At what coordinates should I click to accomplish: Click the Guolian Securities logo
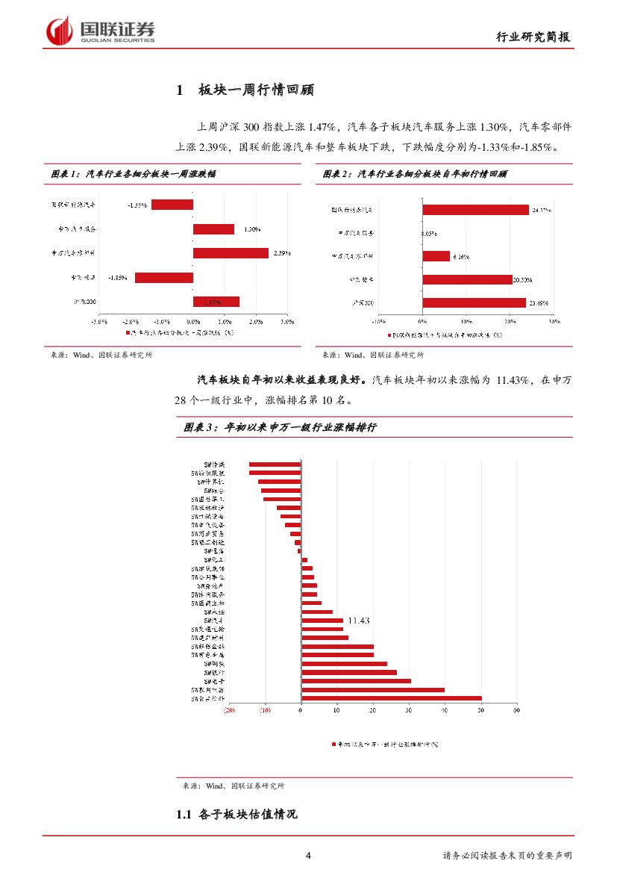pyautogui.click(x=101, y=31)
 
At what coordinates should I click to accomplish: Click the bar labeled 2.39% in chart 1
pyautogui.click(x=231, y=253)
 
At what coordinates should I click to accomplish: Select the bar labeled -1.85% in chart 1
pyautogui.click(x=164, y=278)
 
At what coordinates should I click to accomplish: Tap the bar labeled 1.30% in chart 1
pyautogui.click(x=213, y=229)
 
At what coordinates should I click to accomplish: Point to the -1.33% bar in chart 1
pyautogui.click(x=172, y=205)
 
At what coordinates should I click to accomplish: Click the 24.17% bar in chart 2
pyautogui.click(x=475, y=211)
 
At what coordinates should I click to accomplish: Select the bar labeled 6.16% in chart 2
pyautogui.click(x=436, y=256)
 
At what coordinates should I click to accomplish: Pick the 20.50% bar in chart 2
pyautogui.click(x=467, y=280)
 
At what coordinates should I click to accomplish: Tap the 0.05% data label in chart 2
pyautogui.click(x=429, y=234)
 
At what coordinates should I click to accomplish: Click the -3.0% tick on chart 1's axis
pyautogui.click(x=98, y=322)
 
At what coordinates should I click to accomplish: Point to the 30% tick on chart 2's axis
pyautogui.click(x=554, y=322)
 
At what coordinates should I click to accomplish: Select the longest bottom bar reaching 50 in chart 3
pyautogui.click(x=391, y=699)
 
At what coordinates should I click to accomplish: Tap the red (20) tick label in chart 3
pyautogui.click(x=229, y=710)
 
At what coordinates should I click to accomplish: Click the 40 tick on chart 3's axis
pyautogui.click(x=445, y=710)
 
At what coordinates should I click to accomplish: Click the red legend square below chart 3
pyautogui.click(x=334, y=745)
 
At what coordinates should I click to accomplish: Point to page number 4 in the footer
pyautogui.click(x=308, y=856)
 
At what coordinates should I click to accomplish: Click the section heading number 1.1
pyautogui.click(x=184, y=815)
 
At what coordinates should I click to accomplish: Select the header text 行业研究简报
pyautogui.click(x=534, y=38)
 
